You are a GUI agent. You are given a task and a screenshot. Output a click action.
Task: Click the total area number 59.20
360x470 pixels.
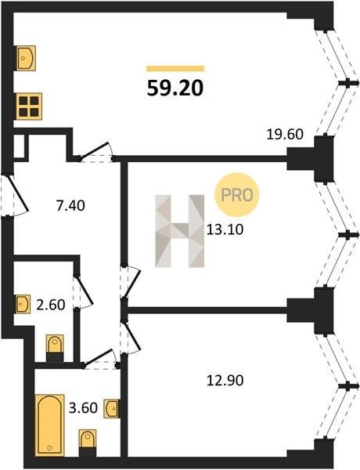(175, 89)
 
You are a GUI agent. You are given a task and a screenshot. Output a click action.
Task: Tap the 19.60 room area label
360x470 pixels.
(285, 134)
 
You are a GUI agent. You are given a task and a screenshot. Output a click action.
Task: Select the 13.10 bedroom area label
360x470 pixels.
(225, 230)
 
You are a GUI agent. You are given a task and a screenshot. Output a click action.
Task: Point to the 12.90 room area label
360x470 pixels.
(225, 381)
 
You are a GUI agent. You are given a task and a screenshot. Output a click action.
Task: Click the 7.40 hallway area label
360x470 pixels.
(70, 205)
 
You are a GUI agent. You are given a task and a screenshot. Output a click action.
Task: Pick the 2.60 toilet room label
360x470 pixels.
(51, 305)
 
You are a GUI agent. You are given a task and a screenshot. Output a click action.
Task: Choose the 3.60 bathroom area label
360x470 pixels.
(83, 408)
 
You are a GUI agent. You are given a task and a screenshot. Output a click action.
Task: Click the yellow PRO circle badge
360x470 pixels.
(236, 195)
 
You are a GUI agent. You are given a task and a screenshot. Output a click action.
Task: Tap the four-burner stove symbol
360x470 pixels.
(29, 107)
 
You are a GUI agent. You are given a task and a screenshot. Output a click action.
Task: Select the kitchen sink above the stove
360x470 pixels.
(26, 58)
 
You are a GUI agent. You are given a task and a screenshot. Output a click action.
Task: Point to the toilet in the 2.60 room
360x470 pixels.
(55, 348)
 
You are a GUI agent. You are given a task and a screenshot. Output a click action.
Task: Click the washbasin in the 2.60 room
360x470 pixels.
(23, 304)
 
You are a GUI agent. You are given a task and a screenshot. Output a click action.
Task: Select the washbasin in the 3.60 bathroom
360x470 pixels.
(111, 408)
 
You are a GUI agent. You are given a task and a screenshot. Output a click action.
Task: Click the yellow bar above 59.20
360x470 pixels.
(175, 69)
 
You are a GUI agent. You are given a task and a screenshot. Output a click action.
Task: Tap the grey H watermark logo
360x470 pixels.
(180, 231)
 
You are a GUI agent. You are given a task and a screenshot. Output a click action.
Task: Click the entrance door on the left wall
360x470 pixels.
(15, 195)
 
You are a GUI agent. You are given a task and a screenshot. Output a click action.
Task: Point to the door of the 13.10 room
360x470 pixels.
(131, 282)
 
